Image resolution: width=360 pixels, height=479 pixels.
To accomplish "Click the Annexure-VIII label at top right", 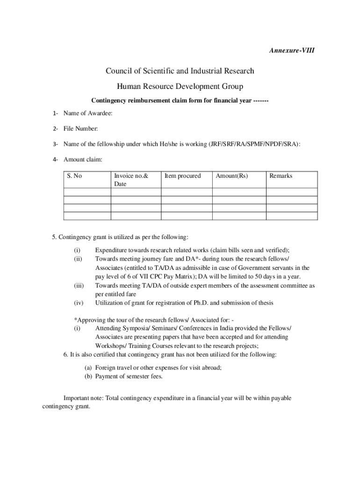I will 291,49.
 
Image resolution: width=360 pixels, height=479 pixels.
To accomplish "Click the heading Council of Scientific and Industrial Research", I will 180,71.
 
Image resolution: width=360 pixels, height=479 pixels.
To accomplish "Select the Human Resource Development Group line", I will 180,86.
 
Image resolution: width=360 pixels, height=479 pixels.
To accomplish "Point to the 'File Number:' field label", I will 80,129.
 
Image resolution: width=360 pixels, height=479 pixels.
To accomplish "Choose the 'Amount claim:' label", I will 83,160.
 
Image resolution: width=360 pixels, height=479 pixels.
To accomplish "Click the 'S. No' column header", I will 74,176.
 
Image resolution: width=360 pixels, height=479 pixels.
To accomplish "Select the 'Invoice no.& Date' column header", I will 131,180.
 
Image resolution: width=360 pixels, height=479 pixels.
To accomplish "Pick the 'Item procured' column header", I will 182,176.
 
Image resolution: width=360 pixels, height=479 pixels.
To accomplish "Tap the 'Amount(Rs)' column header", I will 232,176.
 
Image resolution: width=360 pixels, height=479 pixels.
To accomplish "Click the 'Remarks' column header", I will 281,176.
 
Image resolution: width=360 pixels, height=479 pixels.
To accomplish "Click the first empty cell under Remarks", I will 292,192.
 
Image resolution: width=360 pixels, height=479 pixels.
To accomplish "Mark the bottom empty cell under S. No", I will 87,216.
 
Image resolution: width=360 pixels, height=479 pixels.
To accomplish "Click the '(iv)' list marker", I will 79,303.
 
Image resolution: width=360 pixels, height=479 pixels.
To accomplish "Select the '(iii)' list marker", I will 79,285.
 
